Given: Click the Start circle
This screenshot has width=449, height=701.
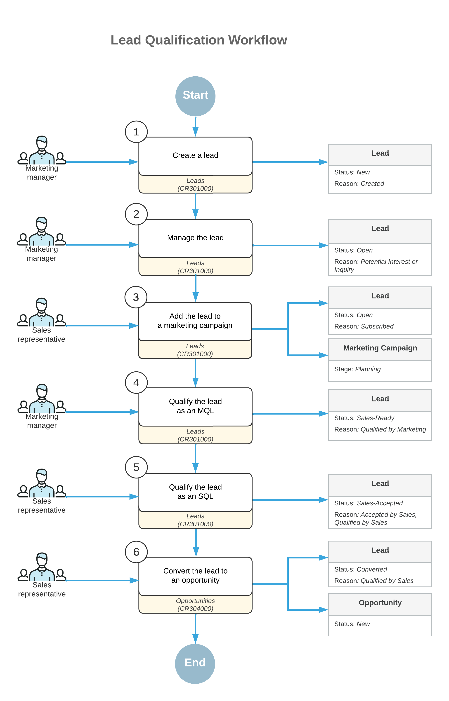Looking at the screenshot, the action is pyautogui.click(x=195, y=96).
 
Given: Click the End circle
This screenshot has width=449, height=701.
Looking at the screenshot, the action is pyautogui.click(x=195, y=663).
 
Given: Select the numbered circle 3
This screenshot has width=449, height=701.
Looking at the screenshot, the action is pyautogui.click(x=136, y=297).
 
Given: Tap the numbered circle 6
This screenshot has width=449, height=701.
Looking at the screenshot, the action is pyautogui.click(x=136, y=552).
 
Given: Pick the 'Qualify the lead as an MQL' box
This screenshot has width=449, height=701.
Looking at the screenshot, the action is pyautogui.click(x=195, y=406).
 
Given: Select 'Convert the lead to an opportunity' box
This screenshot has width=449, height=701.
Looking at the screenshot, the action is pyautogui.click(x=195, y=575).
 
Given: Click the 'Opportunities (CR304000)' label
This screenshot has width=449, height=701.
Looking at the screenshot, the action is pyautogui.click(x=195, y=605).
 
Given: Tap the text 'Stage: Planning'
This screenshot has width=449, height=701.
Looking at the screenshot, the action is pyautogui.click(x=357, y=369).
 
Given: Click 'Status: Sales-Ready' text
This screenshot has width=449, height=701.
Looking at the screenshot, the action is pyautogui.click(x=364, y=418).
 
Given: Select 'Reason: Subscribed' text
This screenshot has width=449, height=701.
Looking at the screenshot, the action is pyautogui.click(x=364, y=326).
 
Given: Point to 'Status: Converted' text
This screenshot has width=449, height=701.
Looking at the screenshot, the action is pyautogui.click(x=361, y=569).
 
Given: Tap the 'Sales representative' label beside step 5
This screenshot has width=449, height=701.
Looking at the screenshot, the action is pyautogui.click(x=42, y=506).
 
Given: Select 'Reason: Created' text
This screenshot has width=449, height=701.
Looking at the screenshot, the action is pyautogui.click(x=359, y=184).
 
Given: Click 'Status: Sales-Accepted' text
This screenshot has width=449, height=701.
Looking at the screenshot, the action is pyautogui.click(x=368, y=503).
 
